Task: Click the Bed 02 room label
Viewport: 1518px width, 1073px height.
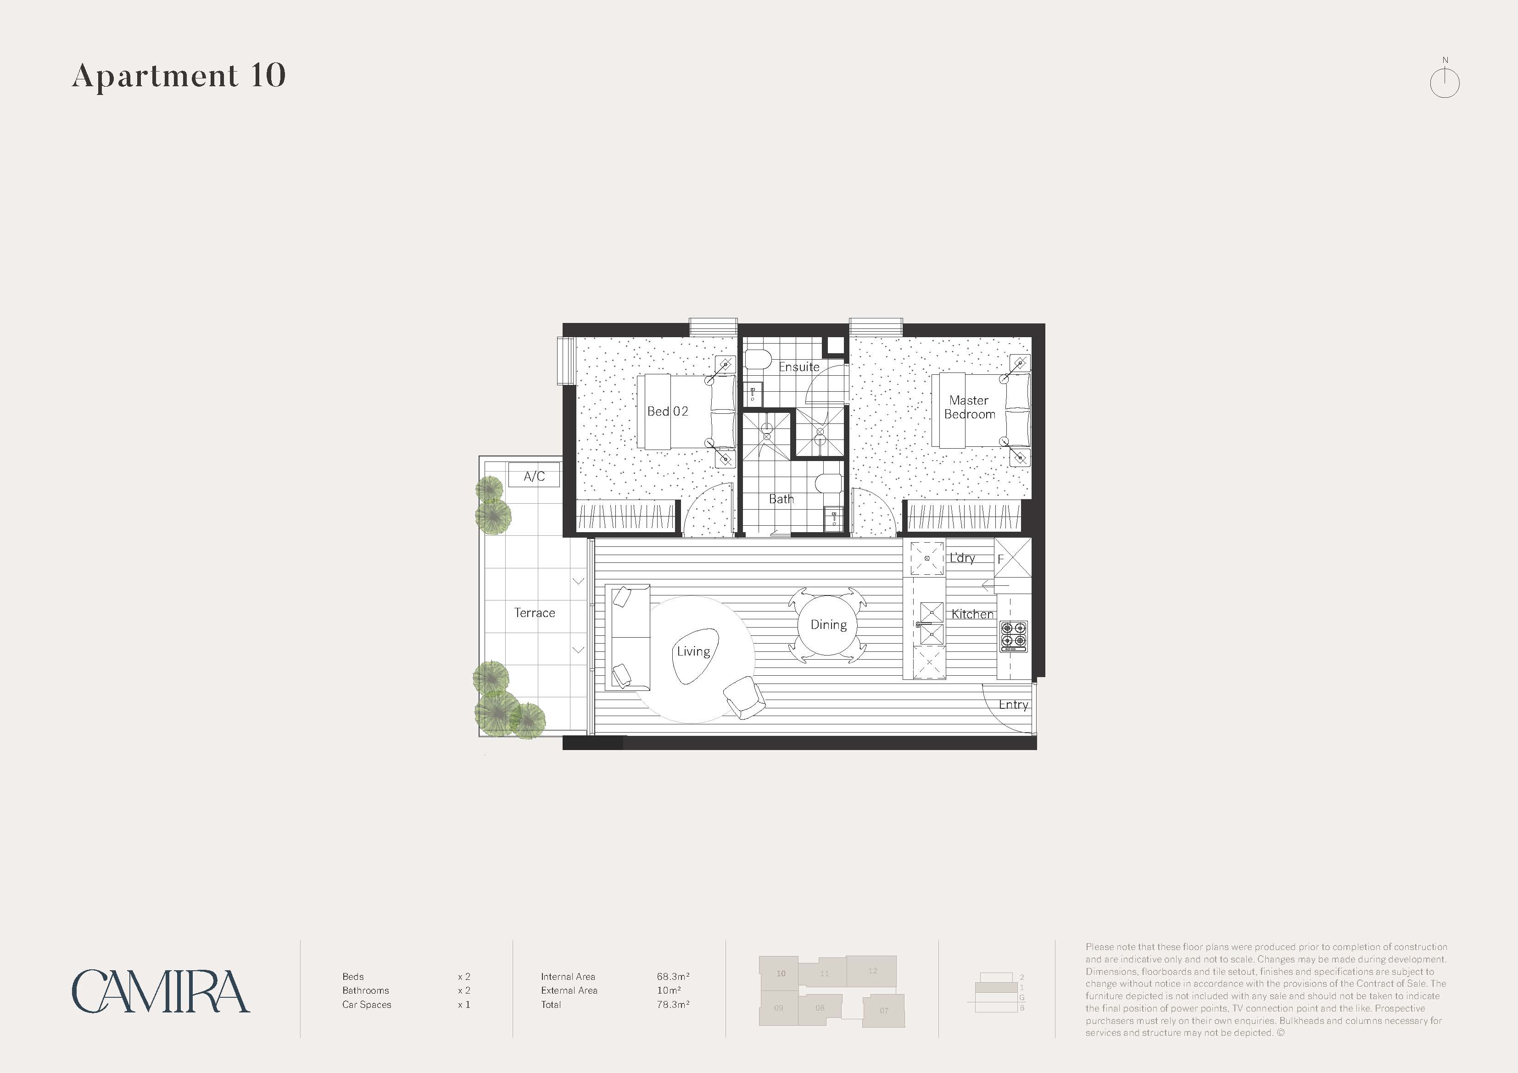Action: click(668, 411)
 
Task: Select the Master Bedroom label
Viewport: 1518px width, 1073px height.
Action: click(969, 407)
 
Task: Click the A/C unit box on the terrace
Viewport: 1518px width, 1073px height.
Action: click(534, 475)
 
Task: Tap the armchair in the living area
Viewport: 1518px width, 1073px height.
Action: click(745, 697)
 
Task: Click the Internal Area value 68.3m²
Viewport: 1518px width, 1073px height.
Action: click(673, 977)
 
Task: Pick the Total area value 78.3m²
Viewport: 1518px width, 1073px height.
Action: click(673, 1004)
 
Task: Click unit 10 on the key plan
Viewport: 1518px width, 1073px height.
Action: click(779, 973)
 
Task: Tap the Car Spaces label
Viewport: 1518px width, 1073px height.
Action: click(367, 1004)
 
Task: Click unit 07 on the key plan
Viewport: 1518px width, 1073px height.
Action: click(884, 1010)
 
